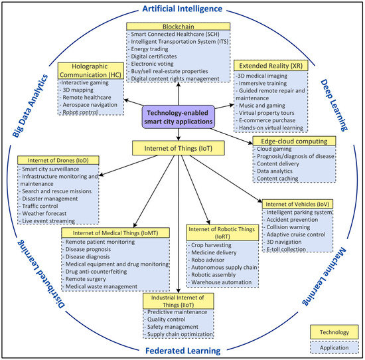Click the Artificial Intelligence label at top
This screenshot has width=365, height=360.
[183, 7]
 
